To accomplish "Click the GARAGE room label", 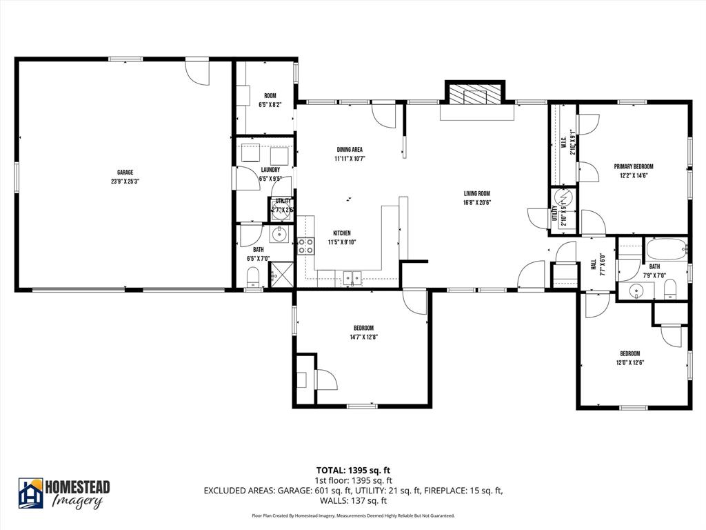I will (125, 173).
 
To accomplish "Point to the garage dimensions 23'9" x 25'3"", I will (125, 181).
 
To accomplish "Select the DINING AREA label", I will (350, 149).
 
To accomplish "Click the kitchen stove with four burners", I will (305, 246).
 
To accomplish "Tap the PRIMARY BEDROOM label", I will (634, 166).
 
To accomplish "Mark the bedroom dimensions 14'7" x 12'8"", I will (363, 337).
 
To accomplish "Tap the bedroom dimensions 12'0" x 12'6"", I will (629, 362).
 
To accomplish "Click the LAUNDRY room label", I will (270, 170).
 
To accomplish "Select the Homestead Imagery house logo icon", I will (31, 493).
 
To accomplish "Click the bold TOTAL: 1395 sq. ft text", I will (354, 471).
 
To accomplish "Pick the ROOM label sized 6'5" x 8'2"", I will (270, 96).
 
